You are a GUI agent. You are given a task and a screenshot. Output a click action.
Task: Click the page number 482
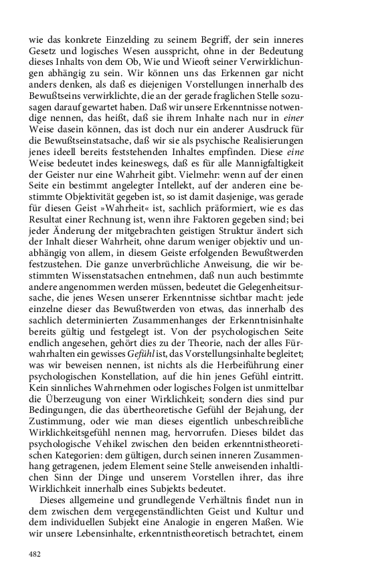[35, 554]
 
